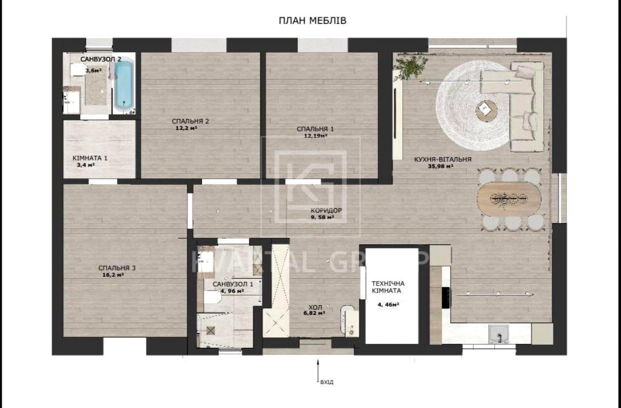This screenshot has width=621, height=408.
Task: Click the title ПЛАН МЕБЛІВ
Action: pos(312,20)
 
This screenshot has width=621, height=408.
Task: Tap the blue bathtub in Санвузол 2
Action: pos(124,85)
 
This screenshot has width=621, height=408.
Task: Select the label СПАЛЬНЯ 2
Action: pos(190,121)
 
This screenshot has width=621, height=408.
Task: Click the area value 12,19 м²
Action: pos(315,136)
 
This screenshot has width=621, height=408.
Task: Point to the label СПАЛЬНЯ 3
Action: pos(117,268)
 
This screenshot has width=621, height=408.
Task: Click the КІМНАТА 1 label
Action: pos(90,158)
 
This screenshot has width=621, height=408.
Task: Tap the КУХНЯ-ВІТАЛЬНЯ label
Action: pos(442,159)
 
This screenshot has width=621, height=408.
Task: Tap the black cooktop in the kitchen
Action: pos(445,297)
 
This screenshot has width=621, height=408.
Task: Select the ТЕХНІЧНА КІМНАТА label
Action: pos(388,287)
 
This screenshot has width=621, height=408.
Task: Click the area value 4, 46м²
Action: pos(388,305)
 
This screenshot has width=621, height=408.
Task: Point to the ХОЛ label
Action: pos(315,307)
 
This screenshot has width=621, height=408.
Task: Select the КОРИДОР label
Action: pos(326,211)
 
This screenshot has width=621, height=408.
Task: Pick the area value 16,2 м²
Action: pos(113,275)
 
